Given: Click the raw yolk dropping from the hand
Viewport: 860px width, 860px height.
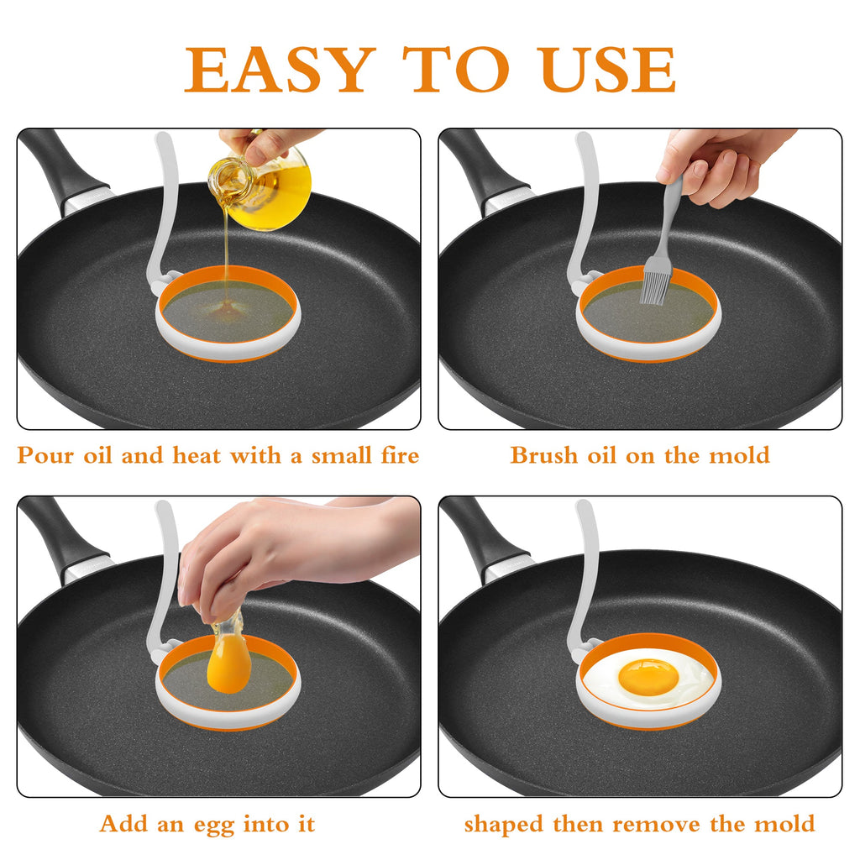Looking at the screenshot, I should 228,663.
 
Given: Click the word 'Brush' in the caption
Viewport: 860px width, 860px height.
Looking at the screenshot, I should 543,456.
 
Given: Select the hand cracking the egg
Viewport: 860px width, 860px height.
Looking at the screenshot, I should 277,550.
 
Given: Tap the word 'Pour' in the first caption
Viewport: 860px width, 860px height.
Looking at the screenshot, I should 45,456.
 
